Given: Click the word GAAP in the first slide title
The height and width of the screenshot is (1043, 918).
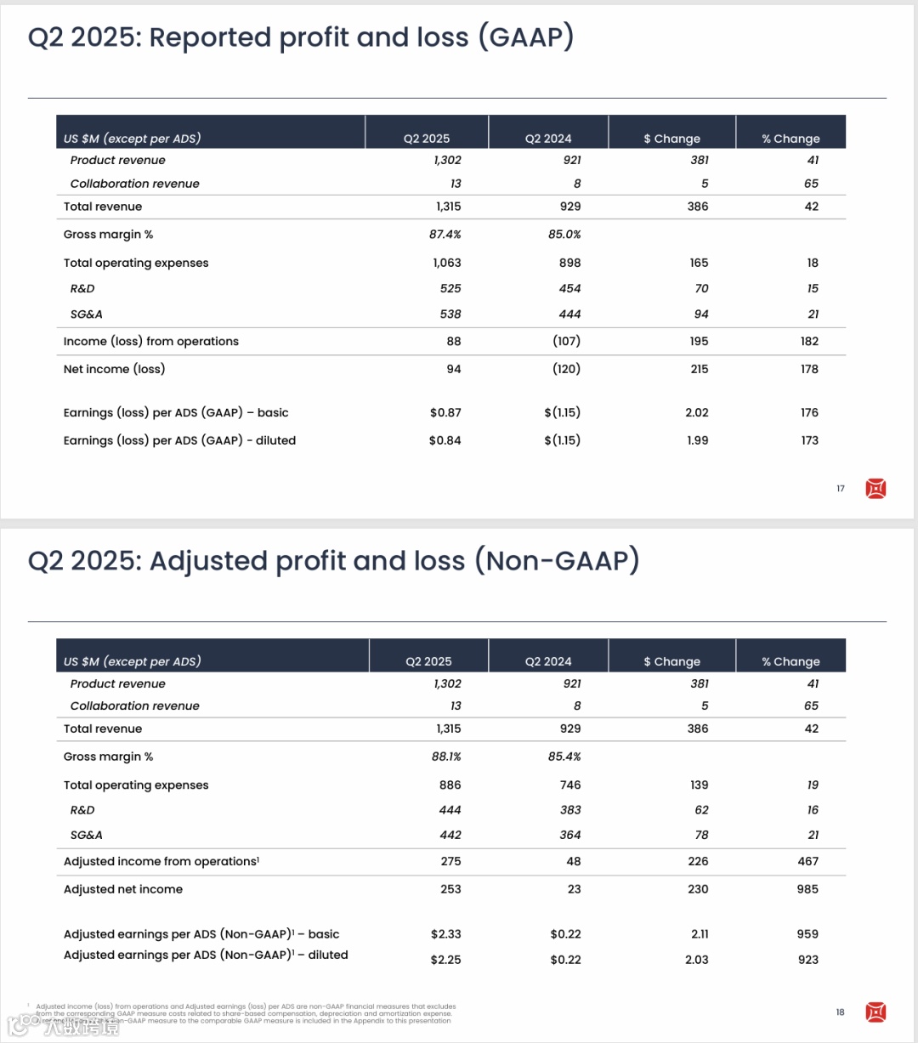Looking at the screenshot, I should click(526, 37).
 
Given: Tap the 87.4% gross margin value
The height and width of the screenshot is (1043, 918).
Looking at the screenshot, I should click(445, 235).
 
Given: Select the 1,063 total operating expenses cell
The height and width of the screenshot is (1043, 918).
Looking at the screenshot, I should click(447, 264).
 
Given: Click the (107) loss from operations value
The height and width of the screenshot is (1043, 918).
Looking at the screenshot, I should click(566, 342).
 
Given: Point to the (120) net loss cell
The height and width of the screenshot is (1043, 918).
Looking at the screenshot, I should click(566, 370).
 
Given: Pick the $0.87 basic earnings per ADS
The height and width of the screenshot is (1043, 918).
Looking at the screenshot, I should click(445, 413).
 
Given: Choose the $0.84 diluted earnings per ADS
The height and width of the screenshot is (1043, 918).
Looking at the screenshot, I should click(445, 441).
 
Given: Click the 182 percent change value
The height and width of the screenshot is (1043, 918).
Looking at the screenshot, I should click(809, 342).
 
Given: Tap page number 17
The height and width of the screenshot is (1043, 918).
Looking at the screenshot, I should click(841, 489).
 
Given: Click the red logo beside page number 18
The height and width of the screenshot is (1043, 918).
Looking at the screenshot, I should click(875, 1012).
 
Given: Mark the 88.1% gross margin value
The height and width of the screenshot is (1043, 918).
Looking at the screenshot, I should click(446, 757).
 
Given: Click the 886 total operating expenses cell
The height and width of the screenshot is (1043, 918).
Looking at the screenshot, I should click(450, 785).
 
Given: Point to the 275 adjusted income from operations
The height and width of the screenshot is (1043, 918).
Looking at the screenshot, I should click(450, 862).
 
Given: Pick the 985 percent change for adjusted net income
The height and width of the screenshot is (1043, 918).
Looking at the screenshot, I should click(807, 890).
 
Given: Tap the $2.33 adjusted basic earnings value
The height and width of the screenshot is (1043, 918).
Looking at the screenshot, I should click(445, 934).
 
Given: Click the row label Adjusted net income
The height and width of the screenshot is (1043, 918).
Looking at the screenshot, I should click(123, 890).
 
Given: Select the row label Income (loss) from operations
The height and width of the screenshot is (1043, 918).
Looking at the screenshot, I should click(151, 342).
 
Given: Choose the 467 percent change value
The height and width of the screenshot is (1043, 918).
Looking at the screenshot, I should click(807, 862).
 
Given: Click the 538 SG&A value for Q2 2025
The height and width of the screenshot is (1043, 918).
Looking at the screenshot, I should click(450, 315).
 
